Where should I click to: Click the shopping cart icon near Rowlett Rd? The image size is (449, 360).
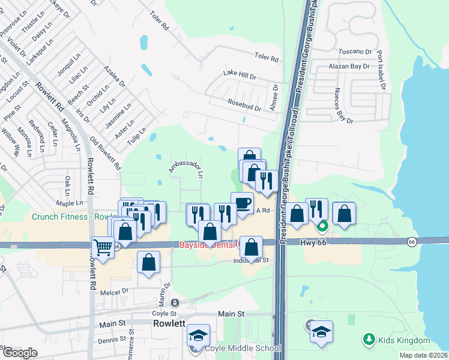click(x=103, y=247)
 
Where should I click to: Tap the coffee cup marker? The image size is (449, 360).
click(x=242, y=202)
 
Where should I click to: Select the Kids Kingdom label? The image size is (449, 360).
click(x=404, y=341)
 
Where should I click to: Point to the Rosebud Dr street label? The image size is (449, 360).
click(x=244, y=106)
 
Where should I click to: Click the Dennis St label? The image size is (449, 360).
click(x=112, y=340)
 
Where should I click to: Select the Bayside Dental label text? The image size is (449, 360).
click(x=208, y=245)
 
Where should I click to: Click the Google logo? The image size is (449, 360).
click(x=20, y=353)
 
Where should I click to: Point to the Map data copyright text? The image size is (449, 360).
click(x=424, y=355)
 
